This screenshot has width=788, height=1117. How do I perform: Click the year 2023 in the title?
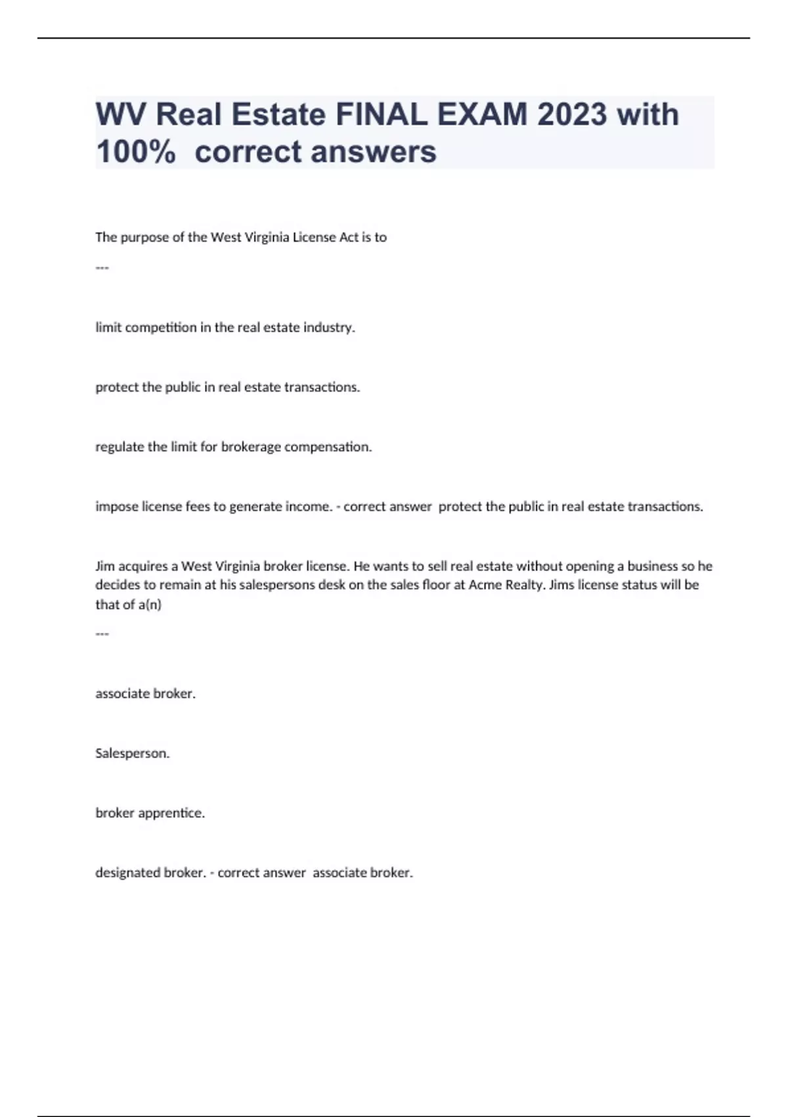tap(571, 114)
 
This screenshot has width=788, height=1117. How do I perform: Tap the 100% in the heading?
tap(135, 152)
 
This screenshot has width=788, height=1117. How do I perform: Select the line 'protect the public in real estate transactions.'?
tap(227, 387)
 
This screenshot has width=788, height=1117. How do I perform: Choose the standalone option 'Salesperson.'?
tap(132, 753)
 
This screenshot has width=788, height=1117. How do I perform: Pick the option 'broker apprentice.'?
tap(150, 813)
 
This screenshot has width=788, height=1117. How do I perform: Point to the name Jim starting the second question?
tap(104, 566)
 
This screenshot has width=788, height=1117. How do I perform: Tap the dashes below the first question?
tap(102, 267)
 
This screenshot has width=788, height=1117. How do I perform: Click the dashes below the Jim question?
tap(102, 633)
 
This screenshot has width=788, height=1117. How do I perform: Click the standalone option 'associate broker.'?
tap(145, 693)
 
